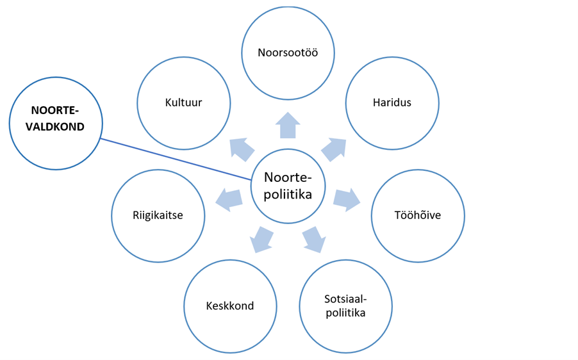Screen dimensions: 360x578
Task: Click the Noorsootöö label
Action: tap(288, 53)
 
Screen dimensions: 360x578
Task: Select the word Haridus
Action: tap(392, 102)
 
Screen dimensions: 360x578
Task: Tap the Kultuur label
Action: tap(183, 102)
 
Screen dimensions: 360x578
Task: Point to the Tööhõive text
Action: tap(418, 215)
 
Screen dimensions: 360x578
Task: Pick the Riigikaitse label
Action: tap(158, 215)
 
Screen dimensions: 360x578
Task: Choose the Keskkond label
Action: tap(229, 306)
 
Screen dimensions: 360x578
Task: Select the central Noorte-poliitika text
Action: tap(287, 186)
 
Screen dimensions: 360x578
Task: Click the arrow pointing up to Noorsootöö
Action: tap(288, 126)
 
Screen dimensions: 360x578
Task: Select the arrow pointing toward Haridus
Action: tap(333, 149)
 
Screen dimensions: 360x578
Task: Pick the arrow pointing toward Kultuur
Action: tap(241, 149)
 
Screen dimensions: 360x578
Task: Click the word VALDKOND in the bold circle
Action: tap(56, 127)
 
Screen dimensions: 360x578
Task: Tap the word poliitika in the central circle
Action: tap(287, 194)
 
